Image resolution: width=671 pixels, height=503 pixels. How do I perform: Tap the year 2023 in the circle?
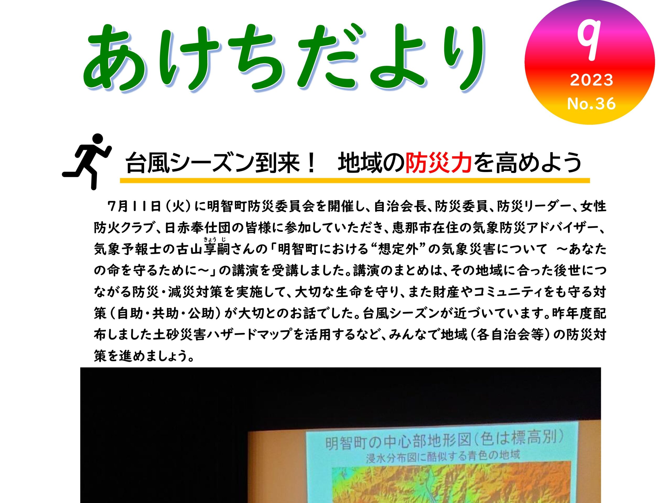tap(592, 80)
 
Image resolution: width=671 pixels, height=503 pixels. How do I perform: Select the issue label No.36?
tap(591, 103)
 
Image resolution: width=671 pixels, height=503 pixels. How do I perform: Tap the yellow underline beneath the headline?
tap(355, 181)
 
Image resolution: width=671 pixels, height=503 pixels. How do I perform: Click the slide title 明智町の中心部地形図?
tap(403, 444)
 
